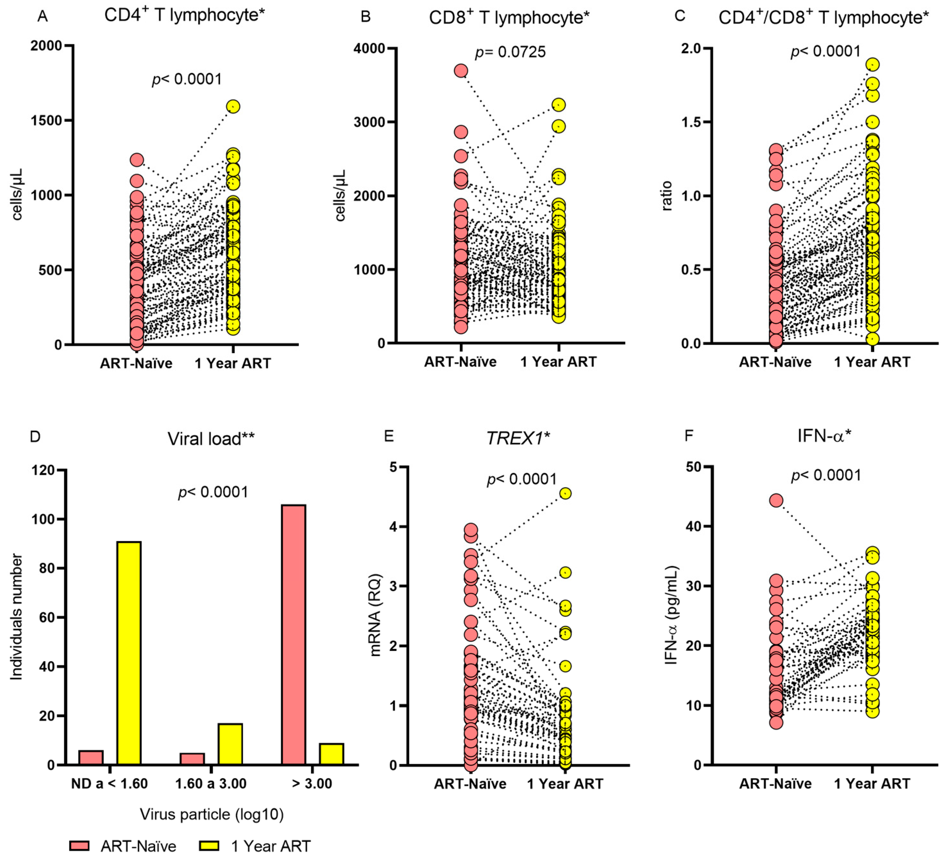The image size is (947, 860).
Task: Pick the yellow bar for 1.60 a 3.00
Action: (230, 745)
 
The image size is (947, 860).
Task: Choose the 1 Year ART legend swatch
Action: (209, 846)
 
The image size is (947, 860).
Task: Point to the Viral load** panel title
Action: (211, 439)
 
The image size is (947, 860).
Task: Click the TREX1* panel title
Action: (517, 438)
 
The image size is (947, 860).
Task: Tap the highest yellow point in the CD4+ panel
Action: (233, 107)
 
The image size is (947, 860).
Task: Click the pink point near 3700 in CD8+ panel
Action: (461, 71)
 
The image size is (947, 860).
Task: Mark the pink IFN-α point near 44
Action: (776, 500)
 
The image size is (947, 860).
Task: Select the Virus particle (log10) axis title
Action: (212, 814)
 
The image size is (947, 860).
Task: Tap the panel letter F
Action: (689, 436)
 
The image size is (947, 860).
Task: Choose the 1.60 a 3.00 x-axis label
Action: (211, 784)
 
